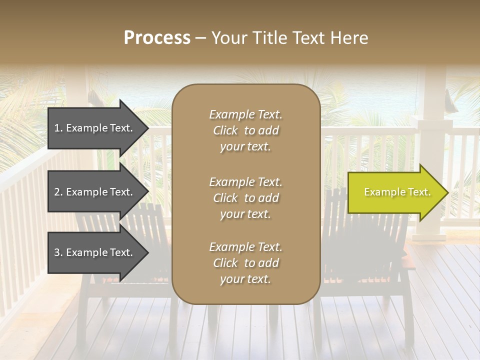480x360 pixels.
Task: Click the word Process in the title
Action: pos(157,38)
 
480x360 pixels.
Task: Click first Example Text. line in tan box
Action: pos(245,114)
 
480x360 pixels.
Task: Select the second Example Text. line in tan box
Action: pos(245,182)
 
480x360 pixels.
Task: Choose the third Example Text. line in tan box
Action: pos(245,247)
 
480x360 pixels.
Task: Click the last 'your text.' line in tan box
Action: pos(245,279)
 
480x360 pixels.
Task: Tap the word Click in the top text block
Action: pos(225,130)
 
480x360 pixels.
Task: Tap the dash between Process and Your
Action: pos(200,38)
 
